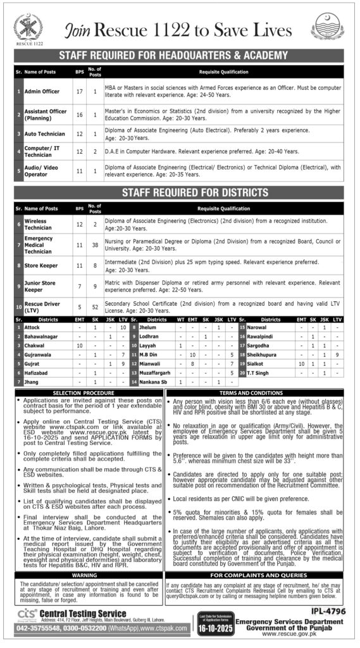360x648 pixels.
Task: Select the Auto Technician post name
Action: [x=44, y=134]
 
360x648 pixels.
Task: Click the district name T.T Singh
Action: [x=259, y=373]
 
